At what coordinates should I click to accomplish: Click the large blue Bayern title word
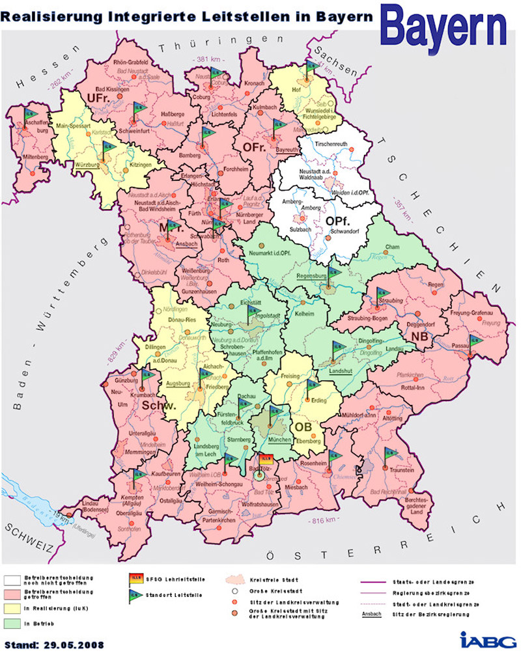444,26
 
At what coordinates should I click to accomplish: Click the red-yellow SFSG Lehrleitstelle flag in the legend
137,579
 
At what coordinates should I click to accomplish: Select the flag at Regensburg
334,274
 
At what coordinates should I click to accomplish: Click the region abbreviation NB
418,335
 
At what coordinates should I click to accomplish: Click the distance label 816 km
320,520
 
